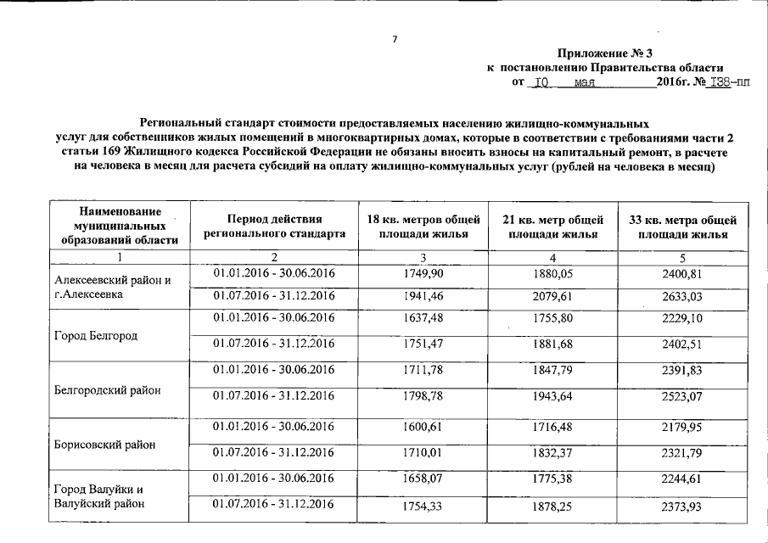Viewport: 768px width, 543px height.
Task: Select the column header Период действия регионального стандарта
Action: click(x=274, y=226)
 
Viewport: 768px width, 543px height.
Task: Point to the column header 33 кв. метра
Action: click(x=683, y=227)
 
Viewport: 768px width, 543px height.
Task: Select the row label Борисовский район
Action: click(x=105, y=444)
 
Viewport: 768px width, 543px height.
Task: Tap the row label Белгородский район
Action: click(x=107, y=389)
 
